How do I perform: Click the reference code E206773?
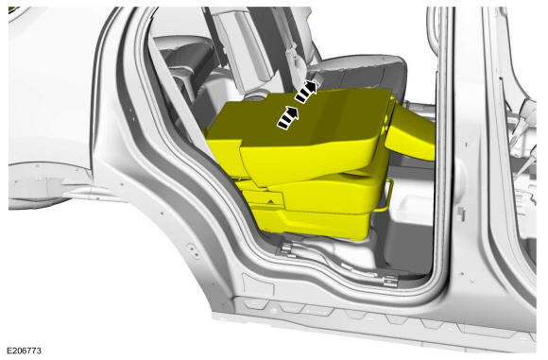25,351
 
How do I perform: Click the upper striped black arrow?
306,92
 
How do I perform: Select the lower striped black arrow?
288,117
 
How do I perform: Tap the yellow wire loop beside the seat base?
386,196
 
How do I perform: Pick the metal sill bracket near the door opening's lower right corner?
390,281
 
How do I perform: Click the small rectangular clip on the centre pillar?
461,213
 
